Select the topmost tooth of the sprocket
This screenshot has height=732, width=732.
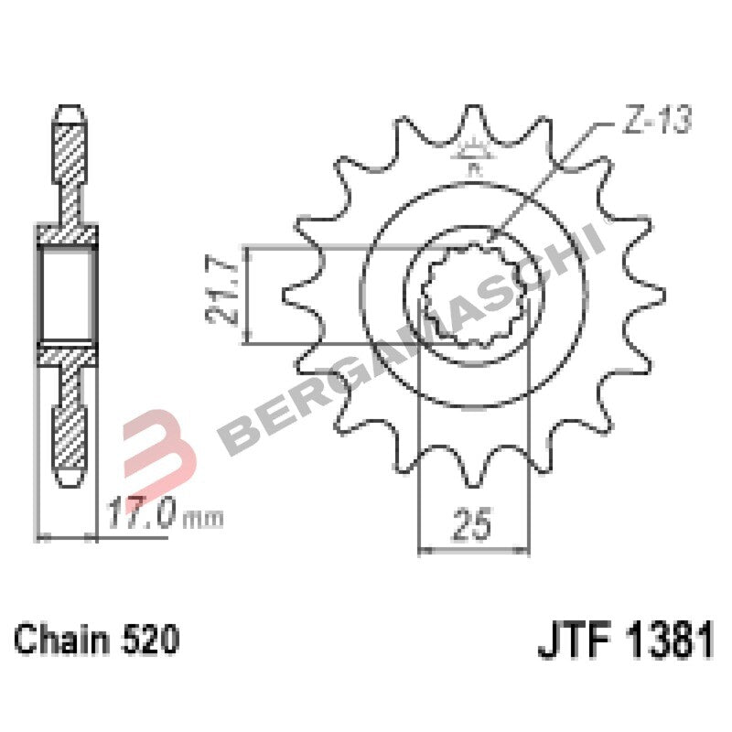[x=473, y=124]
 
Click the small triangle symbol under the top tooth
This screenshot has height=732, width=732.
[x=473, y=150]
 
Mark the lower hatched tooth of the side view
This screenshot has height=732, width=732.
[x=70, y=421]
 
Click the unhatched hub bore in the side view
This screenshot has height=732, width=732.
[x=66, y=295]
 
